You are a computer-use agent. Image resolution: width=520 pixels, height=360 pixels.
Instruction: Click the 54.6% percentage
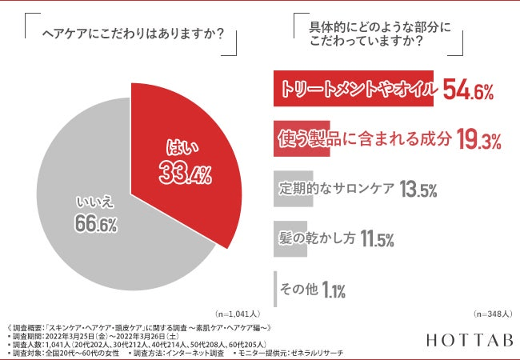(x=468, y=91)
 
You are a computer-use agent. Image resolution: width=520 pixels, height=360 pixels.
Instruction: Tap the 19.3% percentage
(x=479, y=141)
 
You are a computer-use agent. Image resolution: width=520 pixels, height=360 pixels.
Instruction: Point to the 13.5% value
(x=415, y=190)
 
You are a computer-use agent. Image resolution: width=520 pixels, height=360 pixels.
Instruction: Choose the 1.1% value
(x=334, y=289)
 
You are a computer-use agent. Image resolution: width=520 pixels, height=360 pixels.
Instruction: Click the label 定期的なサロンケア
(x=336, y=190)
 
